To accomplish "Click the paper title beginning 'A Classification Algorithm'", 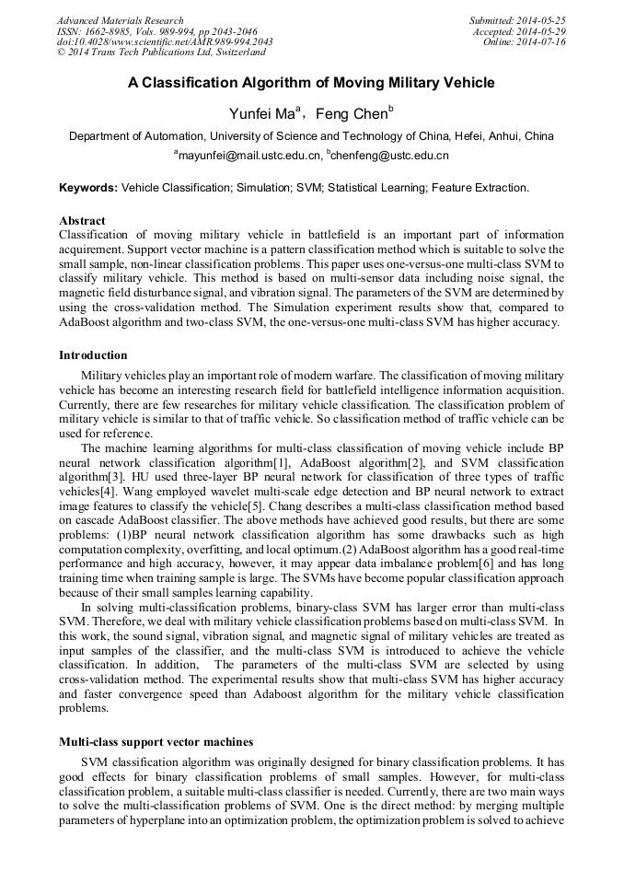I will (x=311, y=83).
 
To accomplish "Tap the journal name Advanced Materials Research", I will (x=120, y=20).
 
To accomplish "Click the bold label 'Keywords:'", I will (x=88, y=188).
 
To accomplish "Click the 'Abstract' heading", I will (x=82, y=221).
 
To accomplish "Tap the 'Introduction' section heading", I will (x=93, y=355).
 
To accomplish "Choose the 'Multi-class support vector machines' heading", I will (x=156, y=741).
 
